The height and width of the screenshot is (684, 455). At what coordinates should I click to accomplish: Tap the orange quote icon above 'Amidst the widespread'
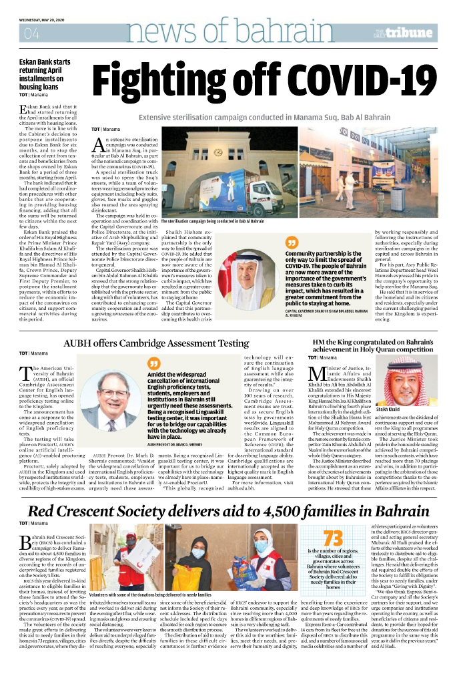[x=155, y=365]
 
